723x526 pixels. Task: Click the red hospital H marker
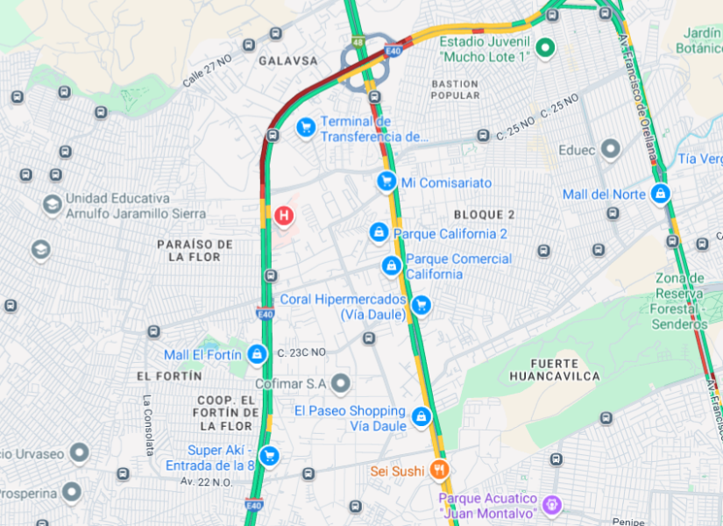[x=283, y=215]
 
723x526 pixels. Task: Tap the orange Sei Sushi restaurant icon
[x=439, y=471]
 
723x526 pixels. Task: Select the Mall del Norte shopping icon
[x=660, y=194]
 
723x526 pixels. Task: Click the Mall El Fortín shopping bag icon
[x=257, y=354]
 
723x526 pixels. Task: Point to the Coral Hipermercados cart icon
[x=422, y=306]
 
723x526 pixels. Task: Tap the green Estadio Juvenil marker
[x=544, y=48]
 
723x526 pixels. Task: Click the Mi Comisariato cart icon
[x=386, y=181]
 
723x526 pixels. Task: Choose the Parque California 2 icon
[x=379, y=232]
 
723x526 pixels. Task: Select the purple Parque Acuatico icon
[x=551, y=504]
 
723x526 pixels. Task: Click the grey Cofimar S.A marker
[x=340, y=383]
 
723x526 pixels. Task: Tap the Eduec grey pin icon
[x=611, y=150]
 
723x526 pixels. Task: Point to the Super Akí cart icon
[x=270, y=456]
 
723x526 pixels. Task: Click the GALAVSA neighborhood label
[x=288, y=60]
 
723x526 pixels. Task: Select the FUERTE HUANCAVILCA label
[x=555, y=369]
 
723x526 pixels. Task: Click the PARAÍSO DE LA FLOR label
[x=195, y=250]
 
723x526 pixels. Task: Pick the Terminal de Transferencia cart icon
[x=305, y=128]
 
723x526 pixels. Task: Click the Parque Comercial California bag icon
[x=391, y=265]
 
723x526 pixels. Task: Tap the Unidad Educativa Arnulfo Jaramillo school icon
[x=52, y=204]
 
